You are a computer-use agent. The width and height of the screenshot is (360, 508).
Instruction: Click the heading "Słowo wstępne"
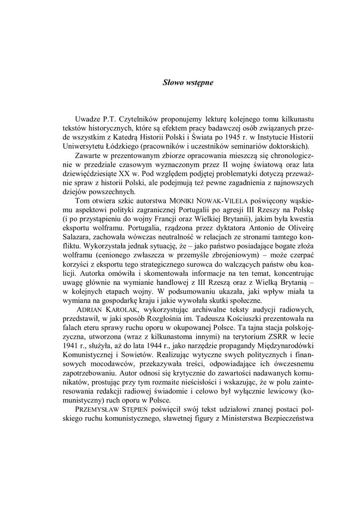tap(188, 83)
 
